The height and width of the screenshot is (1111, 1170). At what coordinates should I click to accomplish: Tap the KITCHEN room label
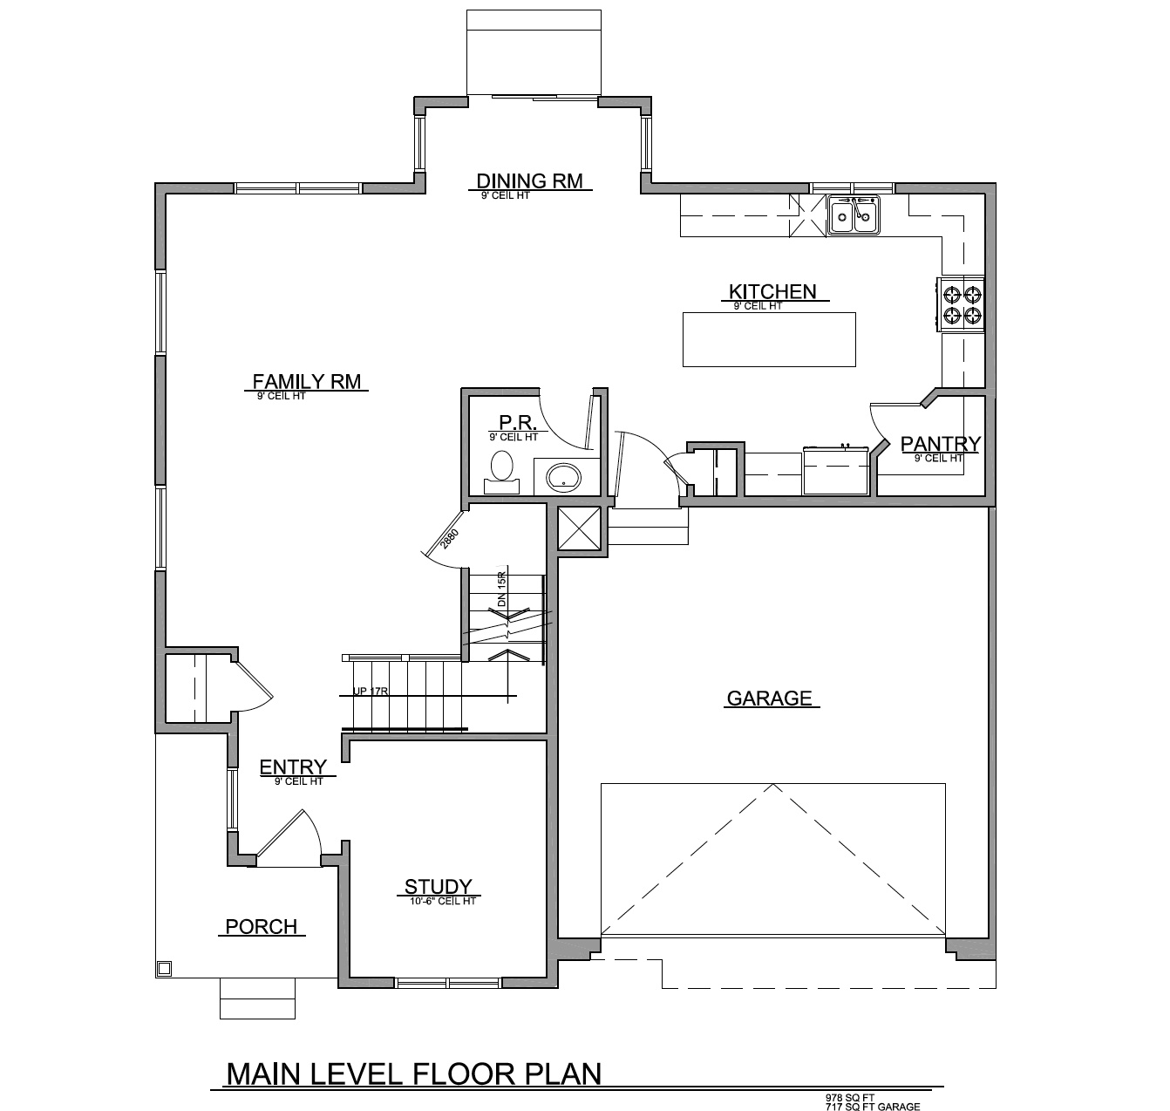coord(772,291)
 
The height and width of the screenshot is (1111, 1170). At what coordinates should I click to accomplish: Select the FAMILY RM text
coord(306,381)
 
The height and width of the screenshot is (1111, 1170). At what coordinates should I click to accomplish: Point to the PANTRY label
coord(940,444)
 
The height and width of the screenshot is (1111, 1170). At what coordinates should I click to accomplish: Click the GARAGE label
coord(770,698)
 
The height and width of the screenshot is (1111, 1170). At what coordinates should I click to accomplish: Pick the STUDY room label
coord(438,887)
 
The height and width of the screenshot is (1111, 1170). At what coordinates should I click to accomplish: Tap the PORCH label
coord(261,926)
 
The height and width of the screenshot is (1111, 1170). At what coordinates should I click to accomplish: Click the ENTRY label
coord(293,767)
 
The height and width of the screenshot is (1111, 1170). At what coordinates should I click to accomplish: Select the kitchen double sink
coord(854,215)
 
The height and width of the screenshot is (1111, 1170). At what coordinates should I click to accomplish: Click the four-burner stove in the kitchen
coord(962,304)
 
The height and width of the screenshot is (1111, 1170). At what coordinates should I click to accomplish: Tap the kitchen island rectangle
coord(768,338)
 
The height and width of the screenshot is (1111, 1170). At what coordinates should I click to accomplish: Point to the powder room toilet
coord(501,468)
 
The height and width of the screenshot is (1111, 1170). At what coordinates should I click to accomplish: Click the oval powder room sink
coord(562,477)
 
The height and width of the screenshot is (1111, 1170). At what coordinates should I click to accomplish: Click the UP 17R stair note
coord(371,692)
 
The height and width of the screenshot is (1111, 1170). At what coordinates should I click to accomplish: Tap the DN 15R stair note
coord(501,590)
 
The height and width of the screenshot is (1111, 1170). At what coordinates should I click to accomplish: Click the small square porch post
coord(164,968)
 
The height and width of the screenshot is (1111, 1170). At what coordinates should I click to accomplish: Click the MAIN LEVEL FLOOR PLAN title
coord(413,1074)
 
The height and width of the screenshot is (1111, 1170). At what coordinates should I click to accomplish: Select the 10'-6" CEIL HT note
coord(443,901)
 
